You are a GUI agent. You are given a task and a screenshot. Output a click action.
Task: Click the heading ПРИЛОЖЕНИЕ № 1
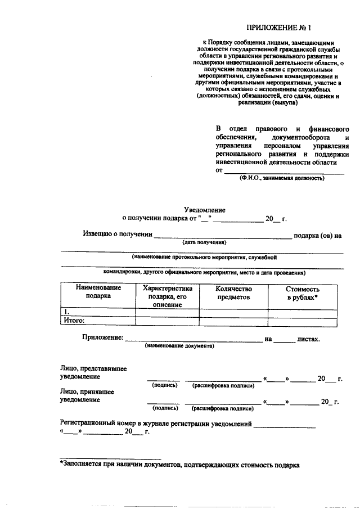278,28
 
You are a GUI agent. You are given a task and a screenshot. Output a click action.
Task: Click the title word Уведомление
205,209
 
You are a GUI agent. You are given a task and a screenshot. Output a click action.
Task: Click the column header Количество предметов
233,292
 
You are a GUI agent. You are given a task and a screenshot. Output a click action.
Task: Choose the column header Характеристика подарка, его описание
168,296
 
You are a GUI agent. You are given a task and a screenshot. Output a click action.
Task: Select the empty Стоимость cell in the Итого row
303,321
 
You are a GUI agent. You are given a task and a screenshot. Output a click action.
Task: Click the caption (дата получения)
204,242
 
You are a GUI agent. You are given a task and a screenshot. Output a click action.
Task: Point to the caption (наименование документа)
179,346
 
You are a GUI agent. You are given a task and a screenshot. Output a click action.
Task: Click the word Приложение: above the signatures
102,339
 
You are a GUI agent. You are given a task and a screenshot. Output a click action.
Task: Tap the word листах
309,339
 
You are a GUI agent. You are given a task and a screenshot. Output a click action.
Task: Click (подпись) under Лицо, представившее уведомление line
165,385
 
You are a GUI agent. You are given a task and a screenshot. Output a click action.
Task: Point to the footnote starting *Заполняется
180,465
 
